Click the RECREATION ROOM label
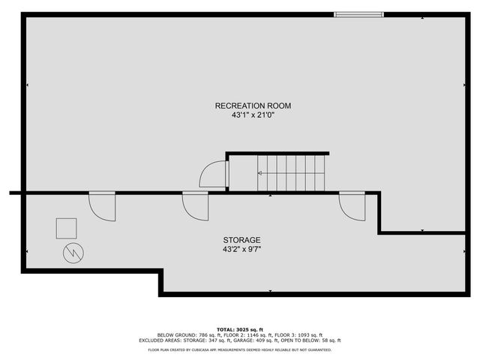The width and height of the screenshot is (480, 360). pyautogui.click(x=253, y=106)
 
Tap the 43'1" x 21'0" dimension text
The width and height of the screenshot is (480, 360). pyautogui.click(x=253, y=115)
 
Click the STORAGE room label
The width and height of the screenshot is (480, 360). pyautogui.click(x=241, y=240)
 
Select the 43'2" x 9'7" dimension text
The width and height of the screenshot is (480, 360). pyautogui.click(x=241, y=249)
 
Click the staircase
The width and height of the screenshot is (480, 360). pyautogui.click(x=292, y=173)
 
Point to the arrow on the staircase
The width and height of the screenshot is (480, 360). pyautogui.click(x=261, y=173)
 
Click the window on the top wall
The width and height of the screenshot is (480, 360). pyautogui.click(x=358, y=13)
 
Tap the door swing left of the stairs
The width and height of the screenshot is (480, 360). pyautogui.click(x=213, y=176)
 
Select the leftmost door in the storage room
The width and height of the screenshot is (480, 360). pyautogui.click(x=103, y=205)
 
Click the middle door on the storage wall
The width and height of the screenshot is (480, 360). pyautogui.click(x=196, y=205)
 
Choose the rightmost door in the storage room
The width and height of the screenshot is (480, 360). pyautogui.click(x=352, y=205)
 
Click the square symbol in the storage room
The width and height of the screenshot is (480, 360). pyautogui.click(x=67, y=228)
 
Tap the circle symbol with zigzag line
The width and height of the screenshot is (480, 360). pyautogui.click(x=73, y=254)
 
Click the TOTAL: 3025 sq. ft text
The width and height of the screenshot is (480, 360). pyautogui.click(x=239, y=329)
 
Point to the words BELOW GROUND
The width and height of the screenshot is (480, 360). pyautogui.click(x=175, y=334)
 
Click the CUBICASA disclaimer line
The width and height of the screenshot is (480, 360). pyautogui.click(x=239, y=349)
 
